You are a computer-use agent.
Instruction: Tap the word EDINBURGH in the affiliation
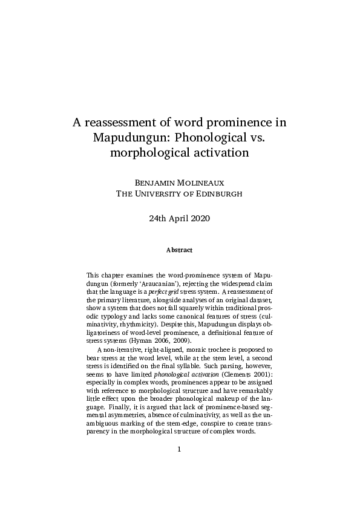click(217, 193)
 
